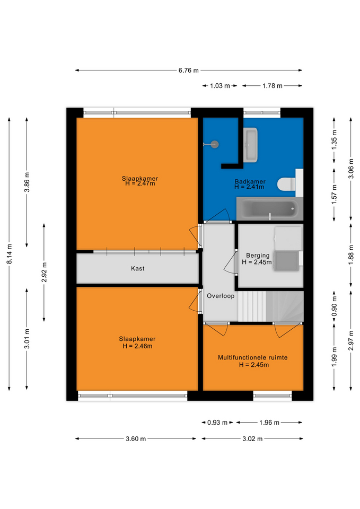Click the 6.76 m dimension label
pos(188,70)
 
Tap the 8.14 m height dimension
pos(10,253)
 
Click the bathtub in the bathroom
pos(269,208)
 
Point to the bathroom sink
pos(251,145)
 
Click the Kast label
pos(138,268)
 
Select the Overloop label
pos(221,296)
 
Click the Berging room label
pos(258,256)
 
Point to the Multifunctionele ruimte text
pos(252,357)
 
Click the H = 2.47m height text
pos(140,183)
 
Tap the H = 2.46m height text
pos(137,346)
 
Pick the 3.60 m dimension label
pos(136,439)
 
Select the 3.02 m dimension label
pos(252,439)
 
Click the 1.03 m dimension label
pos(220,86)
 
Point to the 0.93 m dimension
pos(217,423)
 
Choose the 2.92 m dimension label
pos(44,272)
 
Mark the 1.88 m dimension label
pos(351,255)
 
